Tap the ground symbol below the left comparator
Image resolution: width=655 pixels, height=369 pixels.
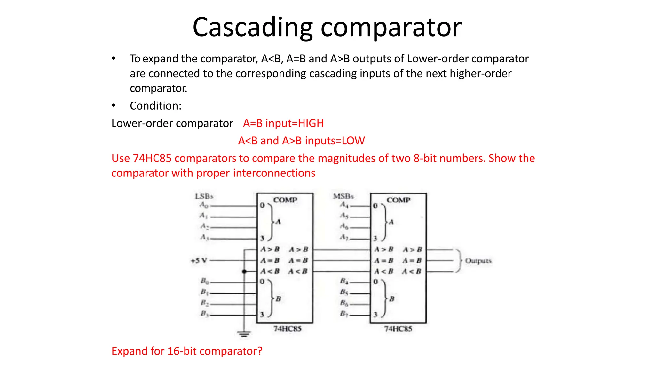click(244, 334)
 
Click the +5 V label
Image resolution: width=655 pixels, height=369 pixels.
click(199, 261)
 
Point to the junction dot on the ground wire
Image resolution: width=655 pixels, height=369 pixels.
click(244, 272)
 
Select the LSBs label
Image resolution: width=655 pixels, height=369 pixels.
click(204, 196)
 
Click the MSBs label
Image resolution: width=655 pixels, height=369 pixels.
click(343, 196)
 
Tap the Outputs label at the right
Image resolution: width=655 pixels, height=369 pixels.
click(478, 261)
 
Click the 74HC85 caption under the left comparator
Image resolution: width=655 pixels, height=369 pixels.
click(287, 329)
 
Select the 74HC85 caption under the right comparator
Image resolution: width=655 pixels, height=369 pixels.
click(398, 329)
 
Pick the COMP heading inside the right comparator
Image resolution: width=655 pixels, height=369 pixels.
click(398, 200)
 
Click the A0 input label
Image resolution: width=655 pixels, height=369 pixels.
click(204, 205)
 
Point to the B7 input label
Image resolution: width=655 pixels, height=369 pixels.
click(344, 314)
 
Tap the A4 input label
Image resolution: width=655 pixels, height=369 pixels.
click(344, 205)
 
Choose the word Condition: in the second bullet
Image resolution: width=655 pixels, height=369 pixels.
click(155, 106)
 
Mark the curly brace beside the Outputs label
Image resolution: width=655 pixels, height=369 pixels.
click(459, 261)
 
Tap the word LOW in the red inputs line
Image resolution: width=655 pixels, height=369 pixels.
click(353, 141)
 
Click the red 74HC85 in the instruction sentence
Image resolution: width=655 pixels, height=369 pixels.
click(152, 158)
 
